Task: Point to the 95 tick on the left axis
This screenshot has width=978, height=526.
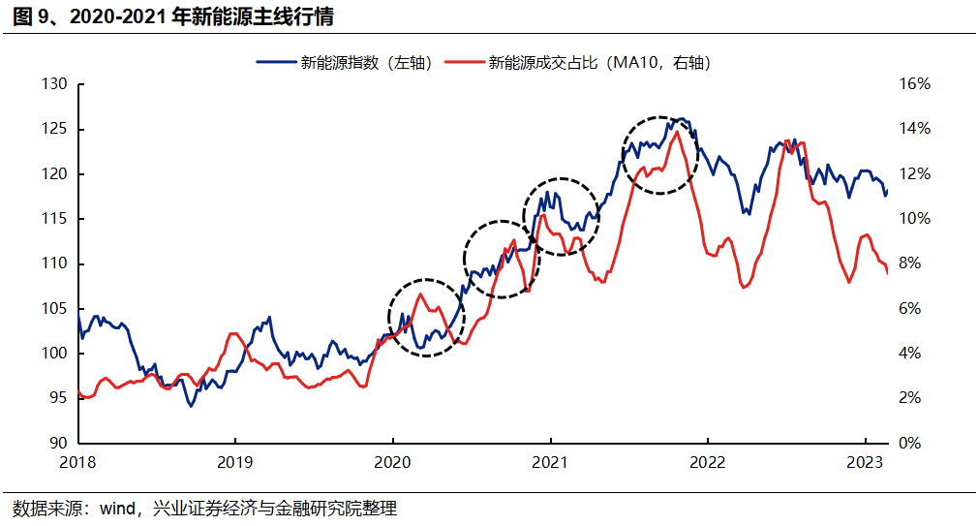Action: [57, 398]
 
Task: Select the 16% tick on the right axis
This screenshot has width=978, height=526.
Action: [913, 84]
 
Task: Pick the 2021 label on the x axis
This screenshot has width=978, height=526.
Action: [550, 462]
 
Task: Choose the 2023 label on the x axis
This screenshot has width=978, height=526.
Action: [865, 462]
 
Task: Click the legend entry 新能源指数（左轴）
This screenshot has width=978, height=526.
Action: [344, 63]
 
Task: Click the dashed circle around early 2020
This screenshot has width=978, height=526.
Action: [426, 318]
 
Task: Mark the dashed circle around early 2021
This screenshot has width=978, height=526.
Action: [561, 216]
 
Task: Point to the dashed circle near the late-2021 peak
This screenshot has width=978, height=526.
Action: [659, 155]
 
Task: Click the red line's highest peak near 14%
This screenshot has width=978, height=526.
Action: [677, 131]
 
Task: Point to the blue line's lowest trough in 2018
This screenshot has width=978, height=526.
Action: [191, 406]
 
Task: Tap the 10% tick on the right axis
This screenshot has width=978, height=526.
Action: [913, 219]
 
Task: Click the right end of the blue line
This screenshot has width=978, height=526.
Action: [886, 191]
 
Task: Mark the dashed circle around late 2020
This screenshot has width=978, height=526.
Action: [502, 257]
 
